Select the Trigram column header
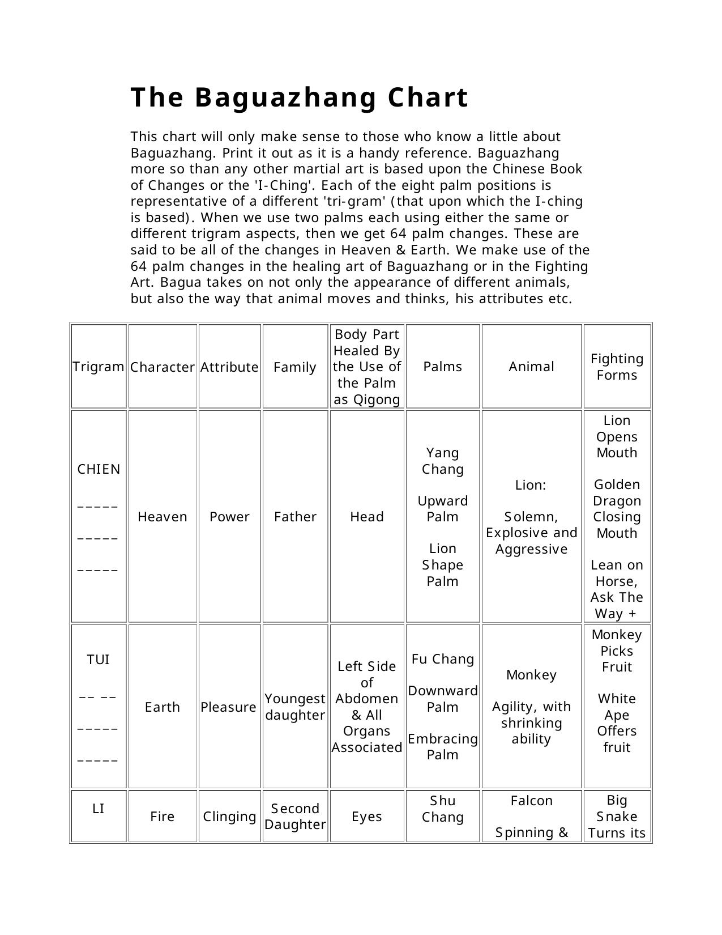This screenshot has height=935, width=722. [99, 367]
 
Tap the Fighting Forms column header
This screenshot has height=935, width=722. [617, 367]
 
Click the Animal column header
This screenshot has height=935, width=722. [531, 367]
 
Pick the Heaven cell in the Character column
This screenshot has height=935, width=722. [163, 517]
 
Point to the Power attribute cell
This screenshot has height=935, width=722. [229, 517]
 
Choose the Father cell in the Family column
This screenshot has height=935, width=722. [295, 517]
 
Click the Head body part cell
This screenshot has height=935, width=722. [367, 517]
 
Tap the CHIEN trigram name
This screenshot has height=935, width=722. [99, 469]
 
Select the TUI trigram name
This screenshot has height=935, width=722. [99, 660]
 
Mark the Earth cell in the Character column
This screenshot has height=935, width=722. [163, 707]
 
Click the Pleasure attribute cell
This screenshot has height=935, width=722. [229, 707]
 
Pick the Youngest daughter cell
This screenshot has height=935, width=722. [295, 707]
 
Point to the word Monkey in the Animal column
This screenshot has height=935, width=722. [531, 675]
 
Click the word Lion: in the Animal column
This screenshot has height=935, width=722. [531, 485]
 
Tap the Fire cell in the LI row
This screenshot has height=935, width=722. [163, 817]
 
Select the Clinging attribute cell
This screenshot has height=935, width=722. [229, 817]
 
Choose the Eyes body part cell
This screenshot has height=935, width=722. [367, 817]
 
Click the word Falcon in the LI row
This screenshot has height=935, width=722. [531, 801]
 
